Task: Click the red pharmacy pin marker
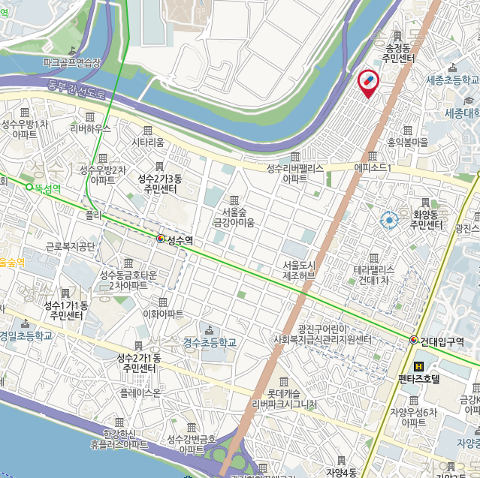pos(368,83)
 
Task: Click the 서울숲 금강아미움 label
pos(234,217)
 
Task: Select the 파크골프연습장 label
pos(71,63)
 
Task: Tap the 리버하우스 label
pos(90,128)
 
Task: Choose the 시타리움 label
pos(147,142)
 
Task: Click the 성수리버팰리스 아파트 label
pos(294,174)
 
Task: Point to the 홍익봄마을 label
pos(406,141)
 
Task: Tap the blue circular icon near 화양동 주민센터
pos(389,220)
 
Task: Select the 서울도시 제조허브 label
pos(298,270)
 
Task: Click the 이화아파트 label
pos(163,314)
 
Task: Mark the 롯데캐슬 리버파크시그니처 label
pos(284,398)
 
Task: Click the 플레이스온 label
pos(140,392)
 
